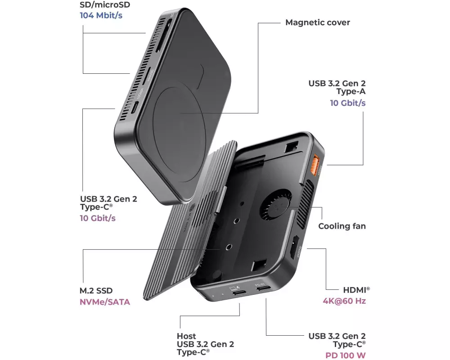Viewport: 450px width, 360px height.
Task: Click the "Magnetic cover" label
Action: click(x=317, y=22)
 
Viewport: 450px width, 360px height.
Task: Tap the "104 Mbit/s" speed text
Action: click(x=101, y=15)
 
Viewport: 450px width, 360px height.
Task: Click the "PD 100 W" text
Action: click(x=346, y=355)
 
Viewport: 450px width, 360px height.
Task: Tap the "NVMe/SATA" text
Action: click(x=105, y=302)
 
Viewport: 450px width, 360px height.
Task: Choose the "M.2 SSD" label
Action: click(x=96, y=291)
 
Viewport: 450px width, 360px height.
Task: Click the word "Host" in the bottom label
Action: click(x=186, y=336)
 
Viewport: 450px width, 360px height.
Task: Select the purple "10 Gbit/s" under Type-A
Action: click(x=348, y=103)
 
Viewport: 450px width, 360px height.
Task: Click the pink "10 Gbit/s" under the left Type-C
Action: click(x=98, y=218)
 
